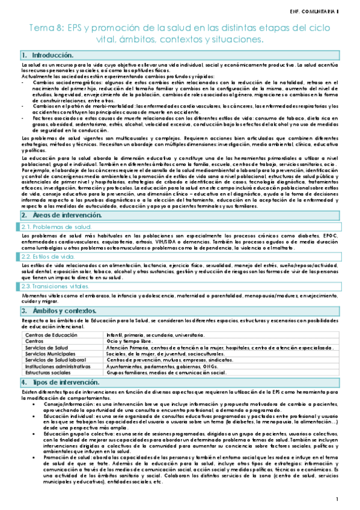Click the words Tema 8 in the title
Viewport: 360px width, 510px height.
49,28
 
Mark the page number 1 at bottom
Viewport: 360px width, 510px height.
338,499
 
